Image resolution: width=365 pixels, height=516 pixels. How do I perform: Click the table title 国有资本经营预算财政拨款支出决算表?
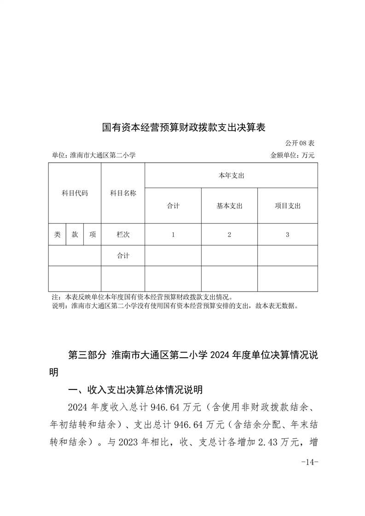pyautogui.click(x=184, y=127)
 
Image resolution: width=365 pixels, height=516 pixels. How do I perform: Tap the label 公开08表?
pyautogui.click(x=300, y=143)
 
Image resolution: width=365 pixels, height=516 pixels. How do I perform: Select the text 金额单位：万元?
pyautogui.click(x=292, y=155)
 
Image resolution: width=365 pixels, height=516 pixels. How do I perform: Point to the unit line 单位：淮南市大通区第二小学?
pyautogui.click(x=94, y=155)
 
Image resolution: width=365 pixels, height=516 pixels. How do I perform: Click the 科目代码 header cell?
pyautogui.click(x=75, y=193)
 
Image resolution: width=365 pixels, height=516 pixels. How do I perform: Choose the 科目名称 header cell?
pyautogui.click(x=123, y=193)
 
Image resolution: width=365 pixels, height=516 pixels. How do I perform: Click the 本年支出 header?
pyautogui.click(x=231, y=176)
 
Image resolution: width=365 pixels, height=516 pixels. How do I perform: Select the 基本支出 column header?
pyautogui.click(x=229, y=206)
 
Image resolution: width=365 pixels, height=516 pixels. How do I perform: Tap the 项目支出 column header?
pyautogui.click(x=287, y=206)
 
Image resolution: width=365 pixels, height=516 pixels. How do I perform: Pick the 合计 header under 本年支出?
pyautogui.click(x=173, y=206)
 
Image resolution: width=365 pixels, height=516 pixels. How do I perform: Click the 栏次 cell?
pyautogui.click(x=123, y=235)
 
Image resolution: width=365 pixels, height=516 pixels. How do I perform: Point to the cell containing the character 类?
pyautogui.click(x=57, y=235)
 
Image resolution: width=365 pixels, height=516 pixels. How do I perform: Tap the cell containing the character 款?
pyautogui.click(x=75, y=235)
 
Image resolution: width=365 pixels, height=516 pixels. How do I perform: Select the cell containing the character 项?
pyautogui.click(x=93, y=235)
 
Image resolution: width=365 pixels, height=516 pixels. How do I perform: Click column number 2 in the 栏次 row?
pyautogui.click(x=229, y=235)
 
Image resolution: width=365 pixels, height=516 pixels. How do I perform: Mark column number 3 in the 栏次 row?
pyautogui.click(x=287, y=235)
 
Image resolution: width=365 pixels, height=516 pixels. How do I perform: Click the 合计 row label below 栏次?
pyautogui.click(x=123, y=256)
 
